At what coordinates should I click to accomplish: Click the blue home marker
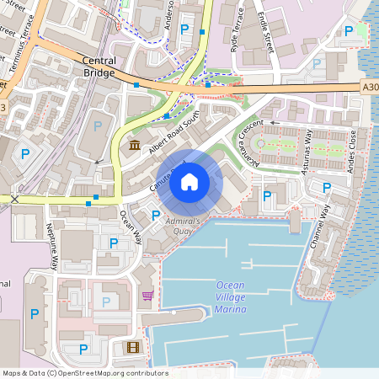pyautogui.click(x=189, y=182)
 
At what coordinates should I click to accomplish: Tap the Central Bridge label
pyautogui.click(x=99, y=67)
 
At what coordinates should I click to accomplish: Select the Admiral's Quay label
pyautogui.click(x=182, y=224)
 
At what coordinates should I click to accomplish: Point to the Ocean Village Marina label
pyautogui.click(x=231, y=297)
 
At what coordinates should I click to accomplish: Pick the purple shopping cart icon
pyautogui.click(x=148, y=296)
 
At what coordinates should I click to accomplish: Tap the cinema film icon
pyautogui.click(x=132, y=347)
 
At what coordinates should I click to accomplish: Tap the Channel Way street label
pyautogui.click(x=319, y=227)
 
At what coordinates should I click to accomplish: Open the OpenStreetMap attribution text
pyautogui.click(x=85, y=373)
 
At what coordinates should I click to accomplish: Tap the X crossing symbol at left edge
pyautogui.click(x=14, y=200)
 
